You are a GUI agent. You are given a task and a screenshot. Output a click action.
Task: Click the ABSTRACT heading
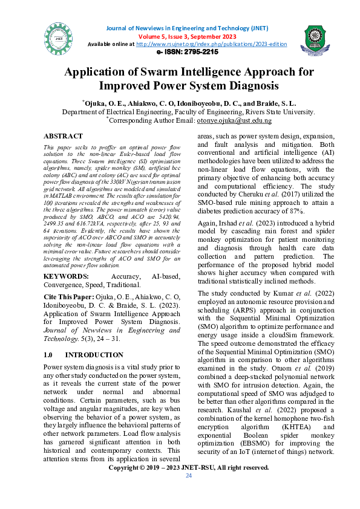(x=64, y=137)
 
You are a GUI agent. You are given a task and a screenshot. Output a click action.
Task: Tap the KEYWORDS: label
(x=65, y=277)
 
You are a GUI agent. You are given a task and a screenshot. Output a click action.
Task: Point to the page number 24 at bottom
(x=188, y=476)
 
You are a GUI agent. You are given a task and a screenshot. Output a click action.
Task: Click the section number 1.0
(x=50, y=355)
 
